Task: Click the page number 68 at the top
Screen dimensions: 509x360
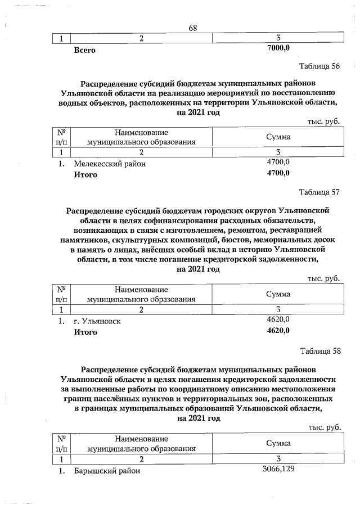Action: coord(192,28)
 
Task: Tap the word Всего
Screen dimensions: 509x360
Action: coord(85,50)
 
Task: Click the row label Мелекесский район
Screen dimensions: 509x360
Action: coord(109,164)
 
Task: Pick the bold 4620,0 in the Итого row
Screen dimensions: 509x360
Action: coord(278,331)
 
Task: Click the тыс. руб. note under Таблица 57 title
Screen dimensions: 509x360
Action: coord(324,278)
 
